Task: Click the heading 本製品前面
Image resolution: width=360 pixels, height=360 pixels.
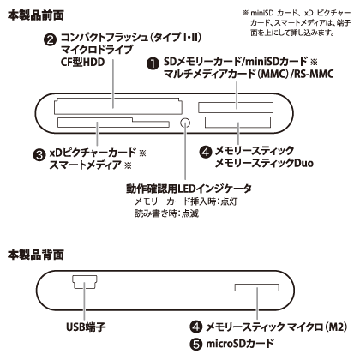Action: click(x=36, y=15)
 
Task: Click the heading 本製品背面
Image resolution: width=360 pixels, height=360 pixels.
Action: click(x=36, y=255)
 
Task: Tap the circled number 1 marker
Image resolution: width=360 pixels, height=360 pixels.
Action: click(x=153, y=64)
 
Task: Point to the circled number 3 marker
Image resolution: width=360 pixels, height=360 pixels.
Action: click(x=39, y=154)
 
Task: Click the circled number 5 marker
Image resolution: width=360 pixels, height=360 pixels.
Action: click(x=196, y=344)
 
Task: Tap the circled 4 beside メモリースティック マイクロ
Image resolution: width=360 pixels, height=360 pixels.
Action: click(x=196, y=327)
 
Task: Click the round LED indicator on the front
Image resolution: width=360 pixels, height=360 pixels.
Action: click(x=185, y=123)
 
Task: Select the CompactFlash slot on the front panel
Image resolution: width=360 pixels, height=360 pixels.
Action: click(x=117, y=106)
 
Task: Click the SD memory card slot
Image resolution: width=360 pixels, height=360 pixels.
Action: click(x=236, y=108)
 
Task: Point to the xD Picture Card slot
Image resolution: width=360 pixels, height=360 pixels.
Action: click(x=113, y=123)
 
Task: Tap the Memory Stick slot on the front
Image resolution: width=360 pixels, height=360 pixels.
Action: click(x=237, y=123)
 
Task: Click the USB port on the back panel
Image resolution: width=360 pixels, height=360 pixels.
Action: click(x=85, y=282)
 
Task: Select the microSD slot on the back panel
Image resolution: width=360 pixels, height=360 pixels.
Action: click(x=257, y=287)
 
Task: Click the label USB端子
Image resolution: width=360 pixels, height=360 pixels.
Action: click(x=86, y=327)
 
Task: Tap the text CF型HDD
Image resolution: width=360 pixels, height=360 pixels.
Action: click(x=82, y=62)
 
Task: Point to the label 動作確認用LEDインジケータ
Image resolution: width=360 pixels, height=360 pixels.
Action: click(x=189, y=189)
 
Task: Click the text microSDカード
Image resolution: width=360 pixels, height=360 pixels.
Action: click(x=240, y=344)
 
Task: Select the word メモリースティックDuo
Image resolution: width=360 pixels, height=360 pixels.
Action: click(x=264, y=163)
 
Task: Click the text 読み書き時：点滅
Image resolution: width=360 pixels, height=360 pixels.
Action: click(x=167, y=213)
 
